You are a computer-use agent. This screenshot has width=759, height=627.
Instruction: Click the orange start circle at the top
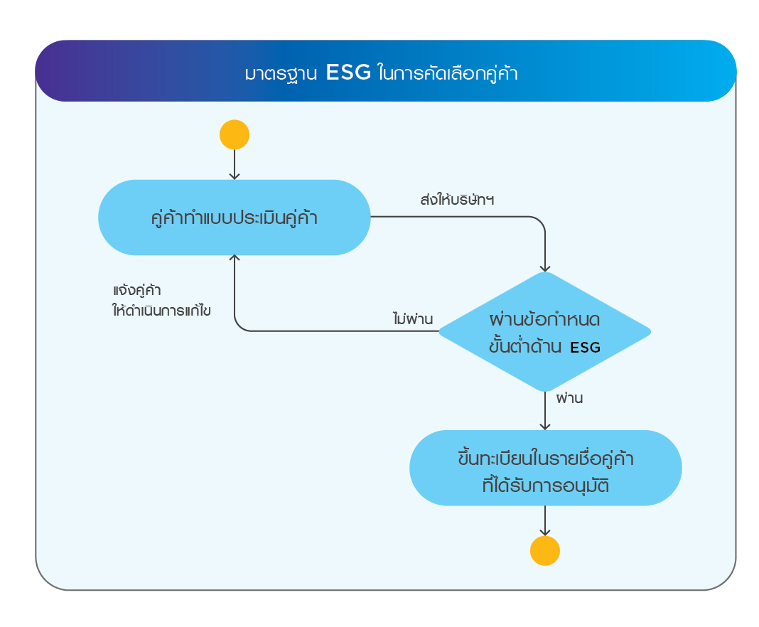point(235,134)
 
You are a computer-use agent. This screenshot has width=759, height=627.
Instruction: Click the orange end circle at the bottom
point(545,550)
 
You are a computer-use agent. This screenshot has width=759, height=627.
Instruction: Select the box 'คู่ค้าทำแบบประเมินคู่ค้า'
point(235,218)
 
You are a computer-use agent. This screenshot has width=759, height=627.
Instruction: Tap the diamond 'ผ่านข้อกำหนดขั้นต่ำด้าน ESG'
point(545,331)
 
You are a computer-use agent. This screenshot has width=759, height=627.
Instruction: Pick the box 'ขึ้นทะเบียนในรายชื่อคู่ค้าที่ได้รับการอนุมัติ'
point(545,468)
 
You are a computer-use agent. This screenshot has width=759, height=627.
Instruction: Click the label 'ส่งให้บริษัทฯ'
point(458,200)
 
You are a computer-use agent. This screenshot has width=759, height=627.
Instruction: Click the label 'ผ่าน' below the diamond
point(569,398)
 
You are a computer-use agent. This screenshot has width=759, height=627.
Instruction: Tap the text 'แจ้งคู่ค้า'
point(137,291)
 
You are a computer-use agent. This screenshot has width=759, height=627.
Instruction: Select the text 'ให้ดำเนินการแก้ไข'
point(162,311)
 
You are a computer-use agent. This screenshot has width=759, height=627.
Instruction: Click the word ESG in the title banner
point(348,73)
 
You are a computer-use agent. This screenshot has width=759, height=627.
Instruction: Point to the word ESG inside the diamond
point(585,348)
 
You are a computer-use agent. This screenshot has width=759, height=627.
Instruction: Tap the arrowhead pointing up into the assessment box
point(235,259)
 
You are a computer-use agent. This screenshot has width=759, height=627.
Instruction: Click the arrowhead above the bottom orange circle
point(545,532)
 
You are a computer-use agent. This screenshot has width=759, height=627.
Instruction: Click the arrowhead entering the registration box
point(545,426)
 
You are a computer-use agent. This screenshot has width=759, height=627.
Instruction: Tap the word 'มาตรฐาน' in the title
point(281,74)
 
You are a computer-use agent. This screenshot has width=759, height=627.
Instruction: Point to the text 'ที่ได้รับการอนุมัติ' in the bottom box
point(545,486)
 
